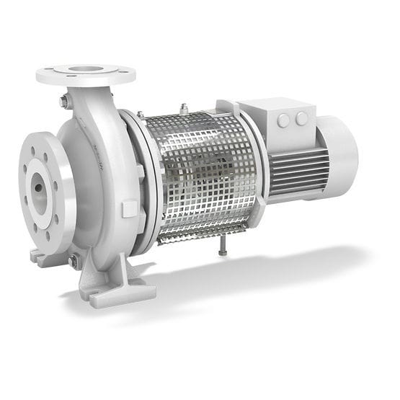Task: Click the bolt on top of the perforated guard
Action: (x=185, y=110)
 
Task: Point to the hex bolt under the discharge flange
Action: (x=64, y=102)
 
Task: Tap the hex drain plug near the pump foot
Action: (x=74, y=262)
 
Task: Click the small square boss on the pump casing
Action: (x=130, y=209)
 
